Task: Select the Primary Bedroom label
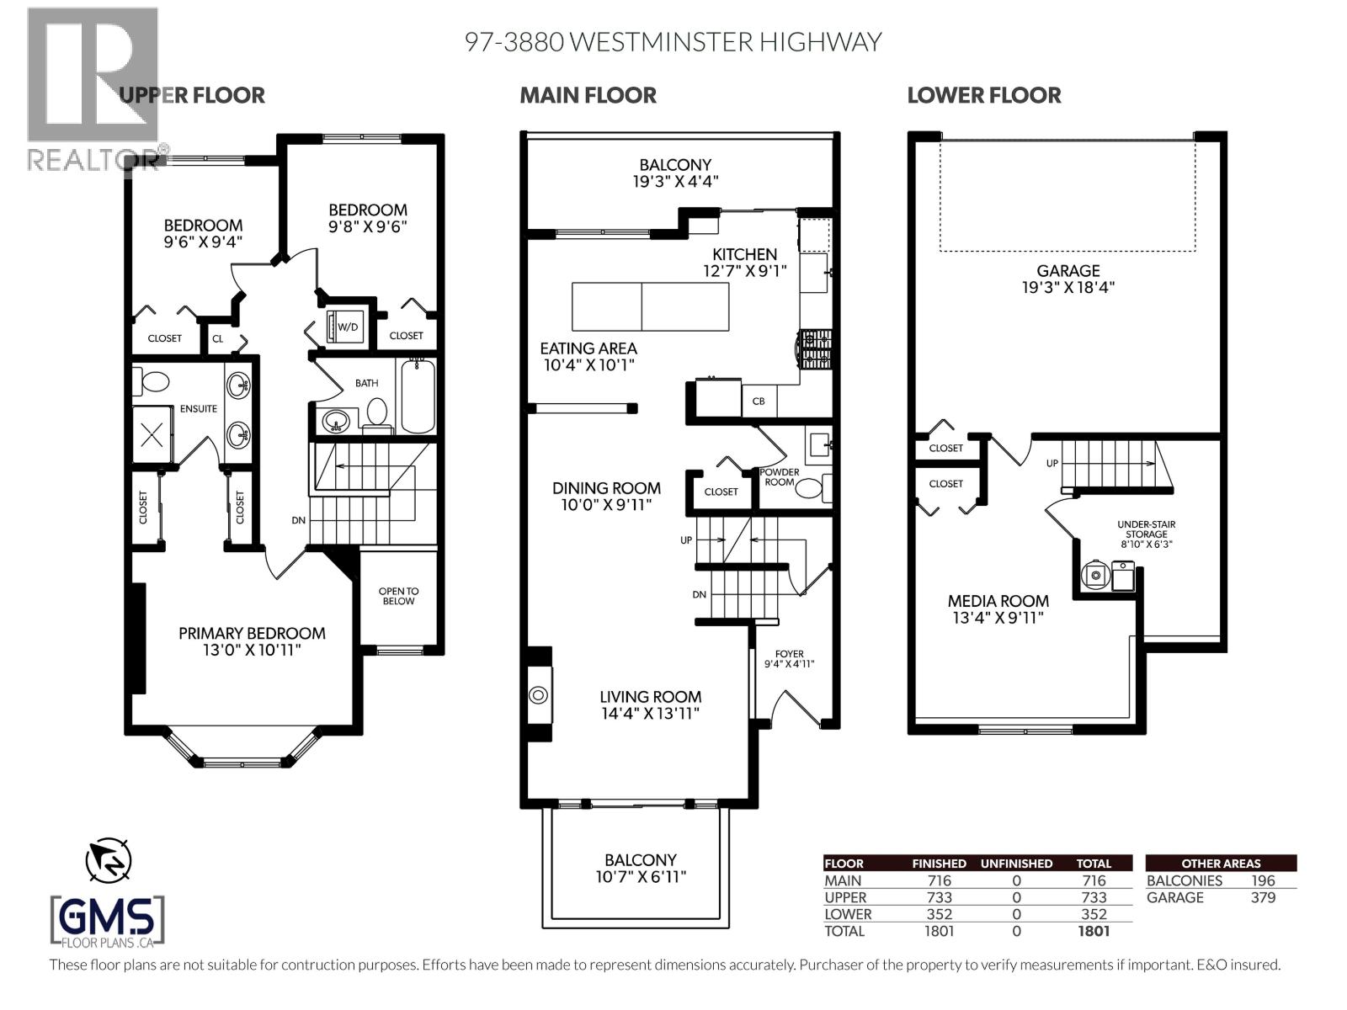click(252, 633)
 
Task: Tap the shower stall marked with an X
click(152, 435)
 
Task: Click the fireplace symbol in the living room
click(539, 694)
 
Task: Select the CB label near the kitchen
click(759, 401)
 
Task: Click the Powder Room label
click(780, 477)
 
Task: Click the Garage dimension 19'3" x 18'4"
click(1067, 287)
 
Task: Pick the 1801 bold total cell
click(1093, 931)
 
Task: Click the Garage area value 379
click(1263, 897)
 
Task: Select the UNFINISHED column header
click(1016, 864)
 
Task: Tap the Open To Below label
click(398, 596)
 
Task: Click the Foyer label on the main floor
click(789, 654)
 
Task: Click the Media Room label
click(998, 601)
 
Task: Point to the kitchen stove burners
click(814, 351)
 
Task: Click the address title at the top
click(673, 42)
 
